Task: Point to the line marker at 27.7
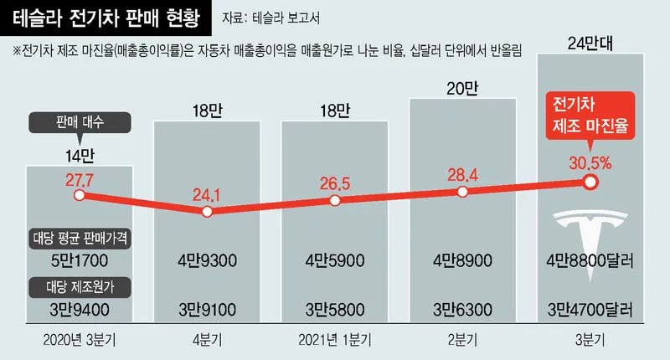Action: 79,195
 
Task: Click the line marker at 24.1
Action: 207,211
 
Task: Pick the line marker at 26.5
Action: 335,201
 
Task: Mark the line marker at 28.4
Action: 463,192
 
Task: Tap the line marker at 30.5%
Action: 590,180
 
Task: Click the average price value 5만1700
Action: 79,260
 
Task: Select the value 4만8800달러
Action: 590,260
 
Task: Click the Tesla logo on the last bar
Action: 590,227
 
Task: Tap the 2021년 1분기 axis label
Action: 335,342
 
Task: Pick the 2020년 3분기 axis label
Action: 79,342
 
